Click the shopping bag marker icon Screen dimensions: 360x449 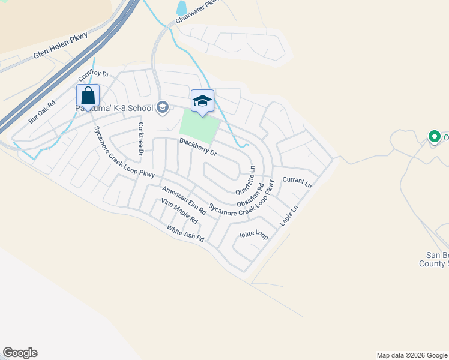tap(88, 96)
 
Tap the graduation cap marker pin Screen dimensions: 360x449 tap(202, 101)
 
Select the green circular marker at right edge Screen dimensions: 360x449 tap(434, 137)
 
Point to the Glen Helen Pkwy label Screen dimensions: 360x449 tap(61, 45)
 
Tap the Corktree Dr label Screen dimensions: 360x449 tap(140, 139)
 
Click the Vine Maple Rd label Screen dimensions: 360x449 tap(179, 211)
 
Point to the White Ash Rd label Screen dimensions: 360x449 tap(185, 233)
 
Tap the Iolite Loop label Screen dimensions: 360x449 tap(253, 234)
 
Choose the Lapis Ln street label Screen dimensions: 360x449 tap(289, 217)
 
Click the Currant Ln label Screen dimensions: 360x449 tap(297, 182)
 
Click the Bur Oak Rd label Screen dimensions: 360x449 tap(41, 112)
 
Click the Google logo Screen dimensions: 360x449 tap(20, 353)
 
